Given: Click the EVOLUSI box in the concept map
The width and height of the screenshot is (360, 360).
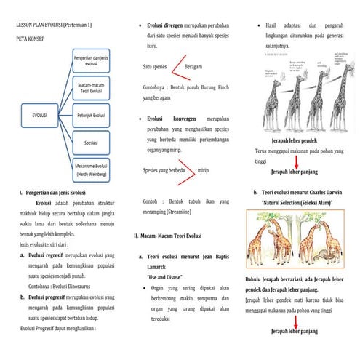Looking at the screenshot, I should point(36,114).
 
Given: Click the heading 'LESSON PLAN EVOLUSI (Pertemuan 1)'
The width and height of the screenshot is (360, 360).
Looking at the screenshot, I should point(57,25).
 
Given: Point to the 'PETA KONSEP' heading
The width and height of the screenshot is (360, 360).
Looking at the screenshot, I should point(32,41).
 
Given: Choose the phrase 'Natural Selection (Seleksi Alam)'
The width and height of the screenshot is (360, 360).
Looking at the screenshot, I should point(299,202).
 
